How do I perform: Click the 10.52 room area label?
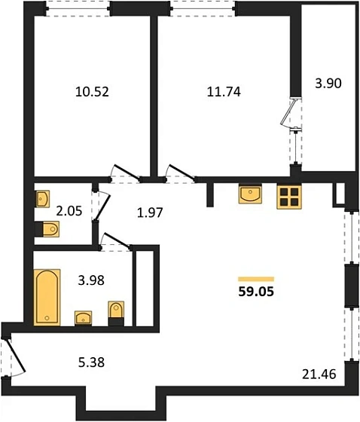click(x=92, y=92)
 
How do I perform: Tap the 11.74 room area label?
click(x=224, y=92)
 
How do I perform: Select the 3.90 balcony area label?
click(x=328, y=83)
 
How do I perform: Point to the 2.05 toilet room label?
click(x=69, y=211)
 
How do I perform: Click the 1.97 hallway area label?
click(x=150, y=213)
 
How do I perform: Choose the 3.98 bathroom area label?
click(x=91, y=280)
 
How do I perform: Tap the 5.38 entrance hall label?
click(x=91, y=362)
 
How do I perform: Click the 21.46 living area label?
click(x=319, y=374)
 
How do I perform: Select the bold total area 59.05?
click(x=256, y=292)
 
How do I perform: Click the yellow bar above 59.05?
click(x=256, y=279)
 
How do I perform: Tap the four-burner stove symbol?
click(x=289, y=197)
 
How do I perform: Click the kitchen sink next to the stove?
click(x=250, y=194)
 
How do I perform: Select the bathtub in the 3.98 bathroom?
click(x=47, y=297)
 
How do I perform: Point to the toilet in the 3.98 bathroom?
click(x=116, y=313)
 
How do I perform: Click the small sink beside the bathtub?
click(x=83, y=318)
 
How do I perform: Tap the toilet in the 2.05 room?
click(x=47, y=229)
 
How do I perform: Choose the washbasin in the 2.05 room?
click(x=42, y=199)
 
